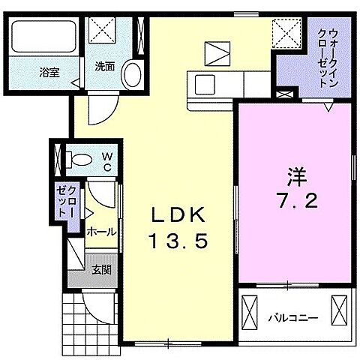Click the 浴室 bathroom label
[x=49, y=73]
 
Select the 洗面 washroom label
[x=104, y=67]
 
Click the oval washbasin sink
[x=133, y=76]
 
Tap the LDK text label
[x=178, y=214]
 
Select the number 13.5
[x=178, y=241]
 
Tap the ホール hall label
[x=101, y=232]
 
